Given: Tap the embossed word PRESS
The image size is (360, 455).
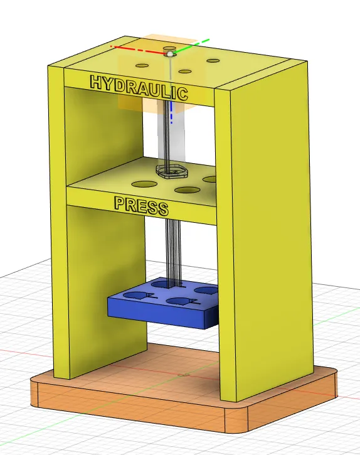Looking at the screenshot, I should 141,205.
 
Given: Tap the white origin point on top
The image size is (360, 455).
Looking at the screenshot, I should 170,55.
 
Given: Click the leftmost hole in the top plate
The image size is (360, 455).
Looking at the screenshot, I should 142,66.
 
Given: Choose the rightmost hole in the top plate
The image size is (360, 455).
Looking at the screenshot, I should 214,61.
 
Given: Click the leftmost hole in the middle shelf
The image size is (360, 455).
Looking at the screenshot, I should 144,184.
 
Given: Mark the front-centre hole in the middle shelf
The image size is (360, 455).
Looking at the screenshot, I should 186,190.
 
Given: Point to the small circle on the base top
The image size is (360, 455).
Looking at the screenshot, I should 181,376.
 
